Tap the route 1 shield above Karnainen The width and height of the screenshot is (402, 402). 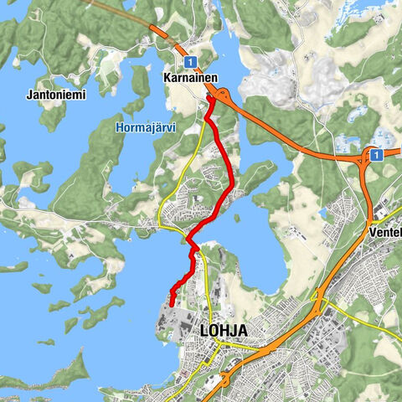[191, 61]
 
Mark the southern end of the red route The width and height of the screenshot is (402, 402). [171, 306]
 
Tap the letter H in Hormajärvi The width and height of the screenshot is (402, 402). [117, 128]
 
